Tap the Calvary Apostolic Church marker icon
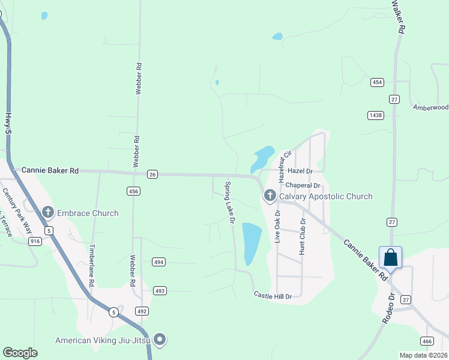click(270, 196)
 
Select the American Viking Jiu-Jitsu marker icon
click(160, 340)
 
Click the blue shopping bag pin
click(390, 257)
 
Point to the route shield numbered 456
click(133, 191)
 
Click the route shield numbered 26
click(152, 175)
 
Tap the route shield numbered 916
click(34, 241)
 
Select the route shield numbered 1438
click(376, 115)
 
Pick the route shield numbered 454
click(377, 82)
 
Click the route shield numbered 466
click(426, 341)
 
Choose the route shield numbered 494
click(158, 262)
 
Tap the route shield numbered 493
click(159, 291)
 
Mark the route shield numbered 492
click(141, 311)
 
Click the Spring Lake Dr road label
click(229, 203)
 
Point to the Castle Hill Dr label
click(273, 296)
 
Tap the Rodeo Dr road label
click(388, 309)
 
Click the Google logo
click(20, 353)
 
